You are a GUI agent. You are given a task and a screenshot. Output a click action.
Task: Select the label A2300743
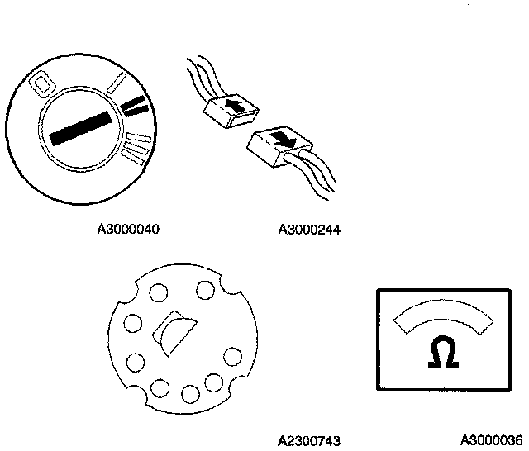[310, 440]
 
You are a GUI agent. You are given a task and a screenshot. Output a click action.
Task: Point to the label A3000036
[492, 440]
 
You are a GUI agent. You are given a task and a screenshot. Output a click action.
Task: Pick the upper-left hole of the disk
[156, 292]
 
